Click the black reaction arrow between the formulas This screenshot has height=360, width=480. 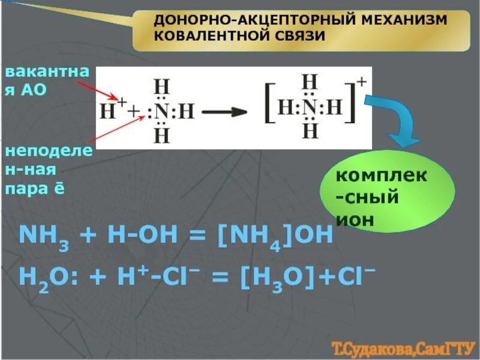pos(226,112)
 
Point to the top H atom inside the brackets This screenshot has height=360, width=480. pos(310,82)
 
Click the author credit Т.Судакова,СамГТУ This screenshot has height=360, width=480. pos(403,347)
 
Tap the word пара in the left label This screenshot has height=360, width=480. pos(25,189)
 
